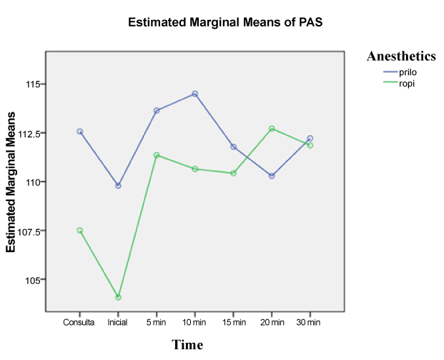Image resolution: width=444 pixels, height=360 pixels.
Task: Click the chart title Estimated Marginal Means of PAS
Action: point(225,22)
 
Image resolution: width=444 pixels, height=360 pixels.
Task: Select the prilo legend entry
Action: point(408,72)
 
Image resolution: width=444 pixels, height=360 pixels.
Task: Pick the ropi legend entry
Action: point(407,83)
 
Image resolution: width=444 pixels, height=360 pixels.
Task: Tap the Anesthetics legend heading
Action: point(400,56)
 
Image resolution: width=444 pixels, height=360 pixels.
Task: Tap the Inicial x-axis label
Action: point(118,323)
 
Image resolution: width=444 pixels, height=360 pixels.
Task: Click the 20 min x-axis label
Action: point(272,323)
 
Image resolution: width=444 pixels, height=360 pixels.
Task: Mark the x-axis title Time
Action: point(187,345)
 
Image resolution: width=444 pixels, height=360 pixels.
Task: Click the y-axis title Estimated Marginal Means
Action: point(11,186)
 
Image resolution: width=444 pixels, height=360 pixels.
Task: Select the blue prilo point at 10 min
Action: point(194,94)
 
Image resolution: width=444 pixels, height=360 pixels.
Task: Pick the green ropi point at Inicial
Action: point(118,297)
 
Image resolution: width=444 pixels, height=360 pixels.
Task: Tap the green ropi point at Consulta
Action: point(79,230)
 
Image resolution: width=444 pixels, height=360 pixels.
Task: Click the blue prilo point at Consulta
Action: point(79,132)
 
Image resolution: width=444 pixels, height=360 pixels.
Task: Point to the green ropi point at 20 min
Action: point(272,129)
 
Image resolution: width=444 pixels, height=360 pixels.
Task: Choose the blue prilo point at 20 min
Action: point(272,176)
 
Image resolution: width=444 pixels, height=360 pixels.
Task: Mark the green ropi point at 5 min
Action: point(157,155)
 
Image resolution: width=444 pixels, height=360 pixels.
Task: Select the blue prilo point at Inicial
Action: point(118,185)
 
